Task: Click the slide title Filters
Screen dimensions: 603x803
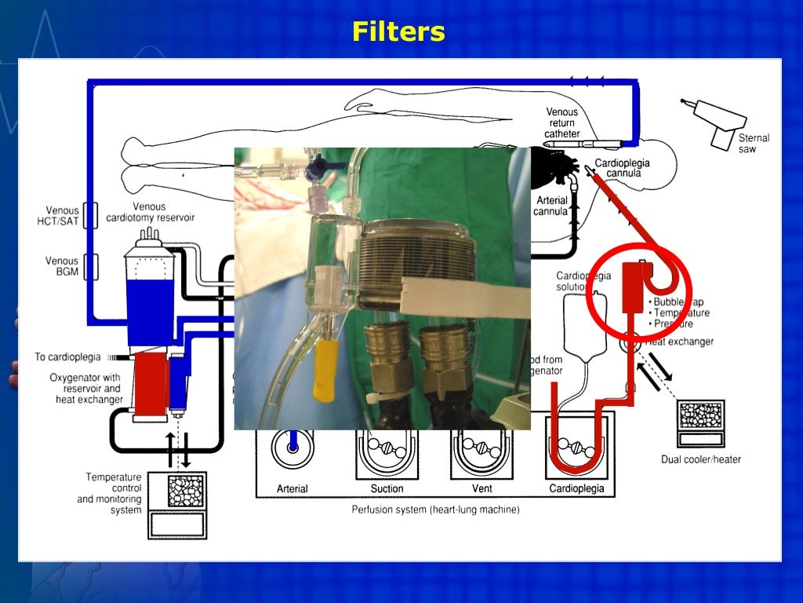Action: tap(398, 32)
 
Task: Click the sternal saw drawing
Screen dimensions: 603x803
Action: tap(714, 122)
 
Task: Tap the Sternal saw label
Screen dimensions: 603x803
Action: tap(754, 143)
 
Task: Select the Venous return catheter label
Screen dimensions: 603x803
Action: tap(562, 123)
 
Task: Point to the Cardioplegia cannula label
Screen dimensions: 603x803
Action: tap(623, 167)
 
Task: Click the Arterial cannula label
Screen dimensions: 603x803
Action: tap(550, 206)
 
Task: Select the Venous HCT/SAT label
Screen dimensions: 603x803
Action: tap(62, 216)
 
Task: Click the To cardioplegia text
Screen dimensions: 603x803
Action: tap(67, 357)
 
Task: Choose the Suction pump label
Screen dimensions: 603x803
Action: tap(387, 488)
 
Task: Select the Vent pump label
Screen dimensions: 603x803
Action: tap(481, 488)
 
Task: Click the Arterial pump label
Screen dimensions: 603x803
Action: tap(292, 488)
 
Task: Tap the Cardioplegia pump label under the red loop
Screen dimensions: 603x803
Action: tap(576, 488)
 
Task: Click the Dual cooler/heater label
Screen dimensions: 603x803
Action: tap(700, 459)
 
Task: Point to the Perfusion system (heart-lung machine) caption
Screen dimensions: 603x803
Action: tap(435, 510)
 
